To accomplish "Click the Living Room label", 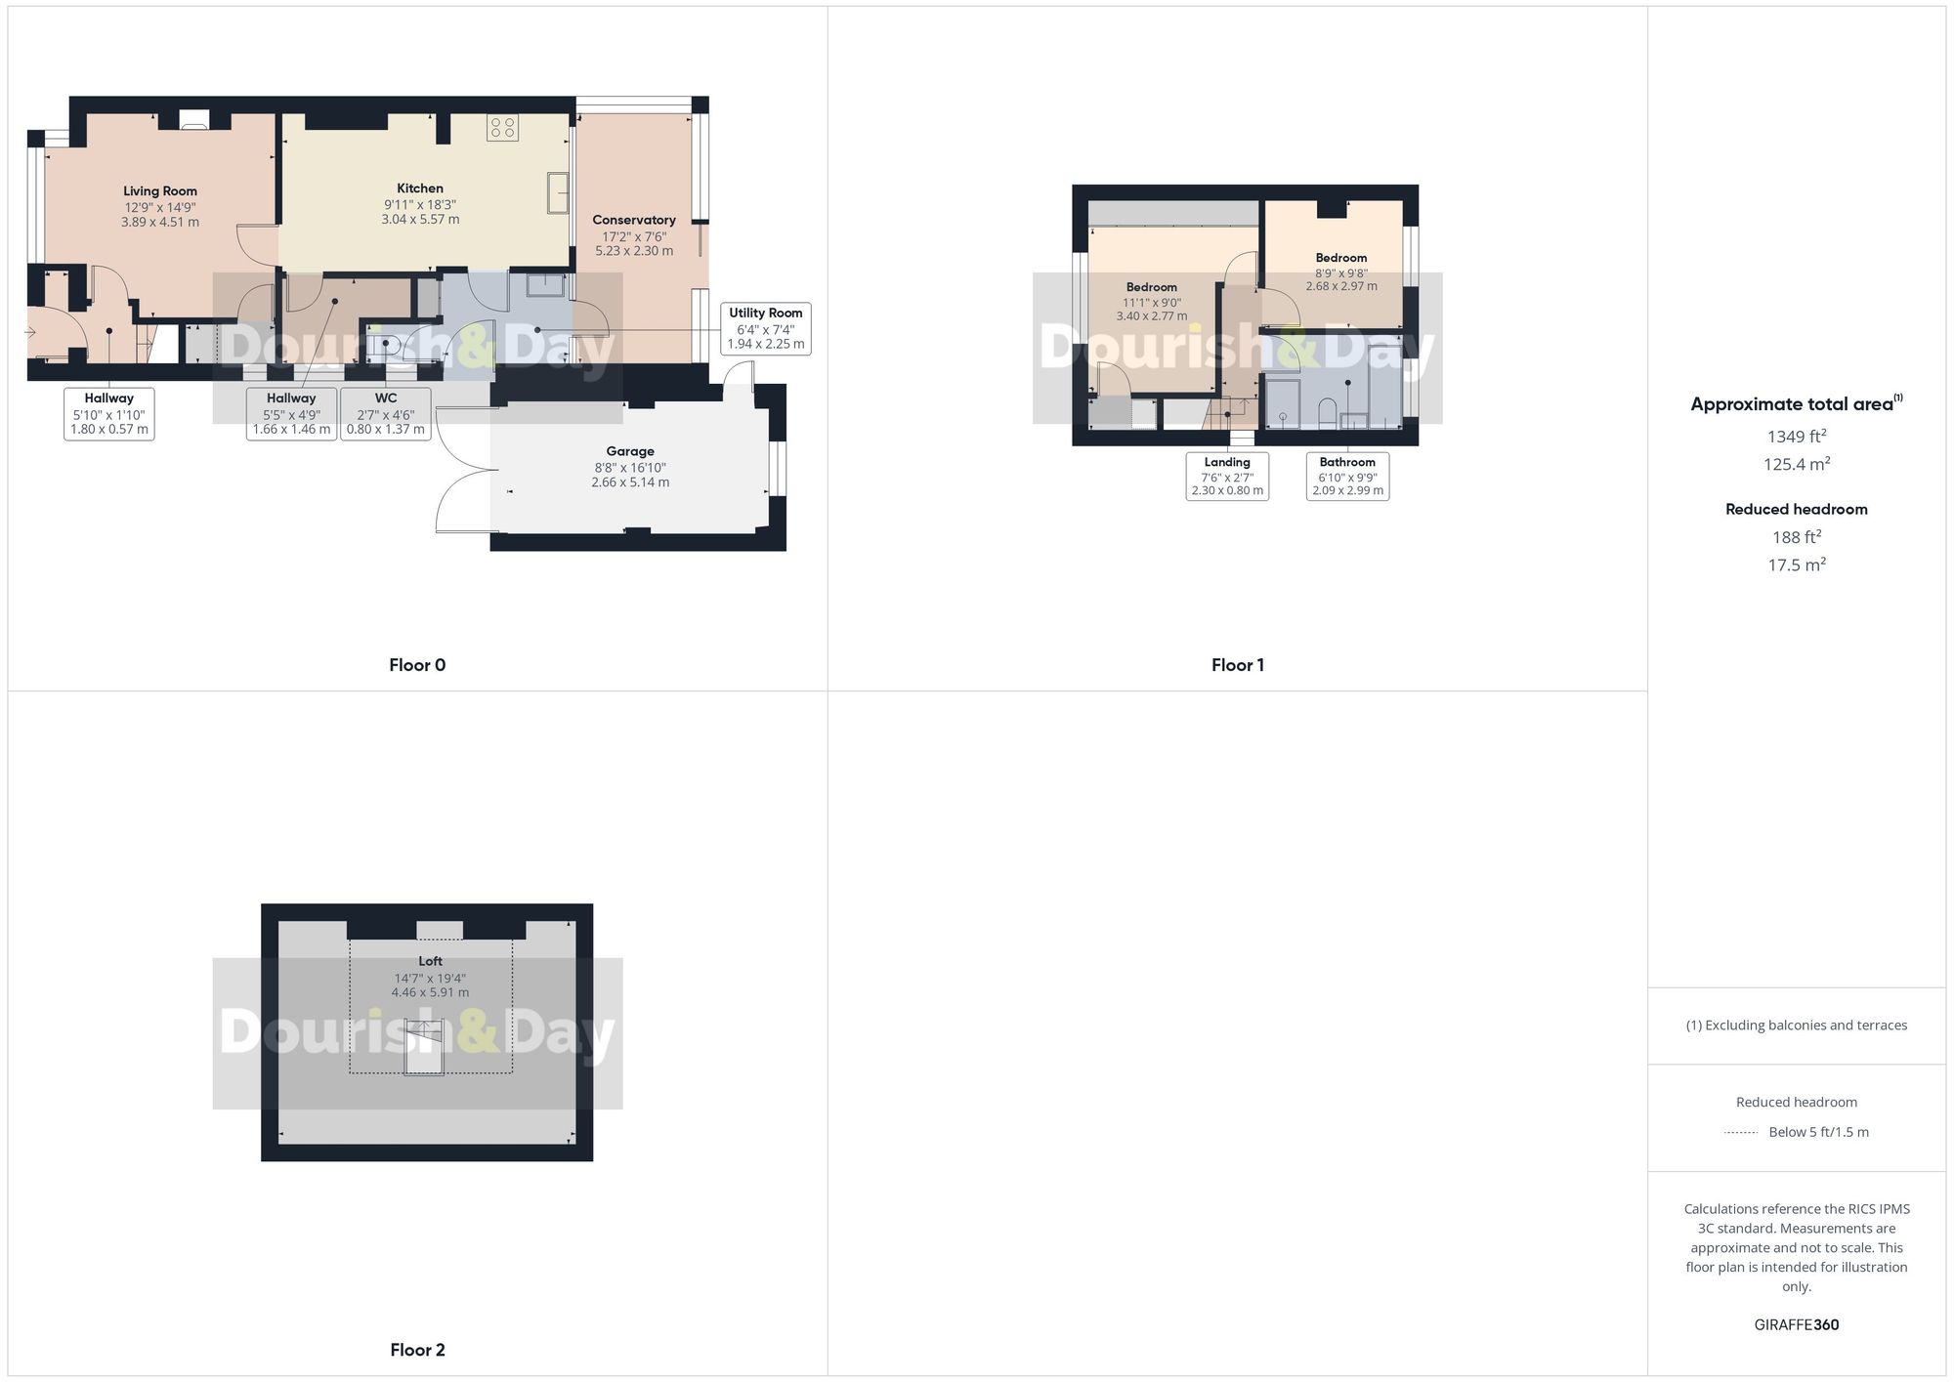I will click(x=160, y=191).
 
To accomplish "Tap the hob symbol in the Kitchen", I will click(x=502, y=127).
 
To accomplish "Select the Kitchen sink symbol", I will click(x=558, y=192).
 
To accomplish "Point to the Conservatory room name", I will click(x=634, y=220).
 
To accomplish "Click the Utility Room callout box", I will click(x=766, y=328).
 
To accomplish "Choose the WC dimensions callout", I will click(x=386, y=414).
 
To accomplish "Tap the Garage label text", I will click(x=630, y=451).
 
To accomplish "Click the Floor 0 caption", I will click(x=417, y=665).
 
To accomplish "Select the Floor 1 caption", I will click(x=1238, y=665).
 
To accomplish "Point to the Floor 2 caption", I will click(x=417, y=1350).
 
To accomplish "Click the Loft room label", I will click(x=430, y=961).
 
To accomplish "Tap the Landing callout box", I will click(x=1227, y=476).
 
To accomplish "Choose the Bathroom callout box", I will click(x=1347, y=476).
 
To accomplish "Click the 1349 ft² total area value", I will click(x=1797, y=436).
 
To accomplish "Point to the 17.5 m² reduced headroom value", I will click(x=1797, y=565).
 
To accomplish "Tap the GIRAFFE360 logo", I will click(x=1797, y=1324).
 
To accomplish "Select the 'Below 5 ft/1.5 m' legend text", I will click(x=1818, y=1132).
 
